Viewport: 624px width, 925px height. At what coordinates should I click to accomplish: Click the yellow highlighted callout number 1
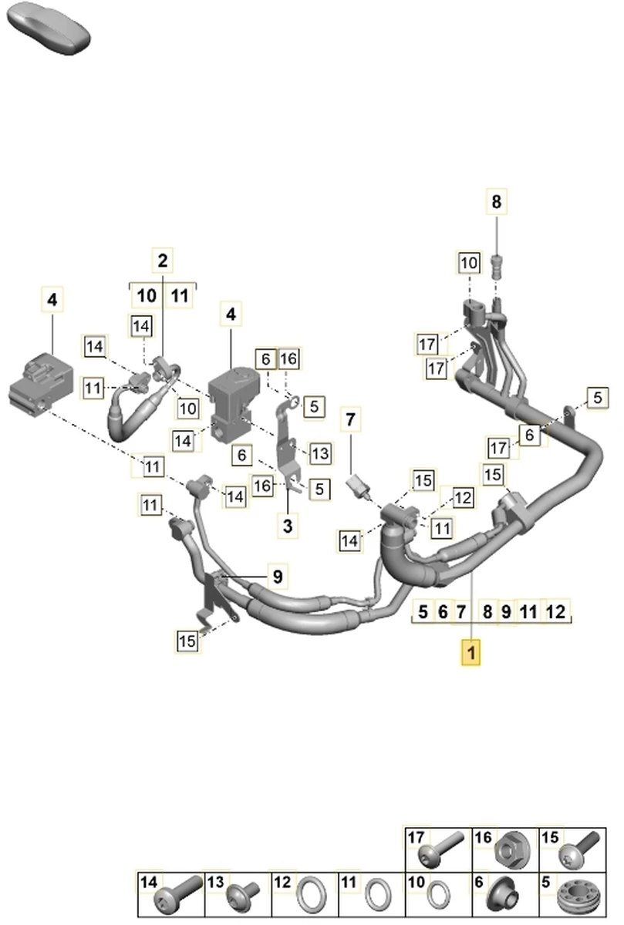point(471,653)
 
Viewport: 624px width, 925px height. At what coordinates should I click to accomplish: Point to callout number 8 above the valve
point(497,202)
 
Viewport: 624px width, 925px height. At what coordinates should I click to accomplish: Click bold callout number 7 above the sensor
point(351,421)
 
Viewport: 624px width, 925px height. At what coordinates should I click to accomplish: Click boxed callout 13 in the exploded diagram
point(320,454)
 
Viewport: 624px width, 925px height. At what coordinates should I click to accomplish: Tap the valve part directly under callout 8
point(498,267)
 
